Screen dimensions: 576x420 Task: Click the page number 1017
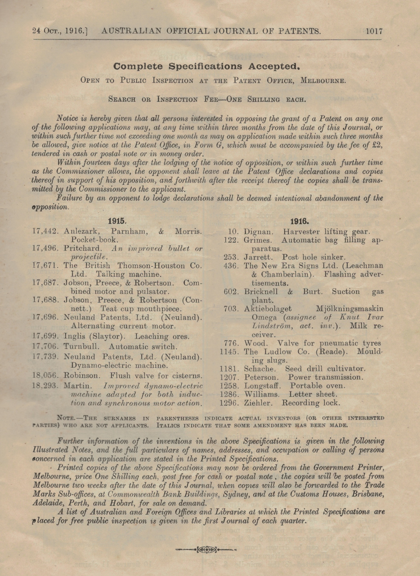(x=374, y=31)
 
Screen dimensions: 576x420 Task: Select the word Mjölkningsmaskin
(x=350, y=309)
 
